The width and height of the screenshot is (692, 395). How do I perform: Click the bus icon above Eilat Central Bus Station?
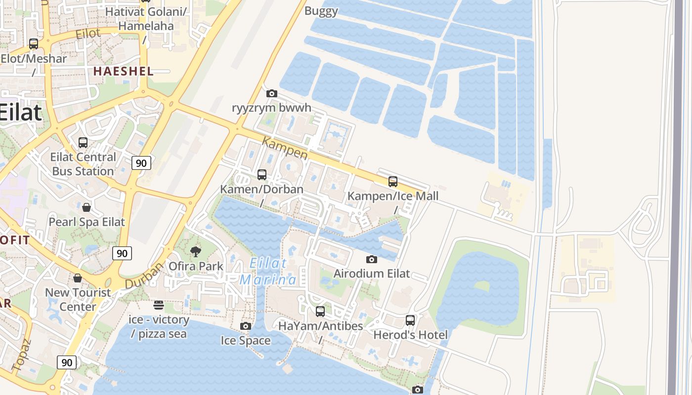[83, 143]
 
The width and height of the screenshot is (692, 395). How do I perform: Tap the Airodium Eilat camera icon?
[371, 259]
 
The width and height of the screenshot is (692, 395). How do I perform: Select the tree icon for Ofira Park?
[196, 252]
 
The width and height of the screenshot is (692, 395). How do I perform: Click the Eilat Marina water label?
[268, 272]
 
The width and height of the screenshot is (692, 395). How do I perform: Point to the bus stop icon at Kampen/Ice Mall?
[393, 182]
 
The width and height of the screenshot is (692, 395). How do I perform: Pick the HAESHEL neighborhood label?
[124, 71]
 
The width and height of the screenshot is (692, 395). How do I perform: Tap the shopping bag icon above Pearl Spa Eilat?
[86, 207]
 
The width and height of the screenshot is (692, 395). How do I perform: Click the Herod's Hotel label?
[410, 335]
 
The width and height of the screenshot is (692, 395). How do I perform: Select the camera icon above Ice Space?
[246, 326]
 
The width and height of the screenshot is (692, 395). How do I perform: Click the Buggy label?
[321, 11]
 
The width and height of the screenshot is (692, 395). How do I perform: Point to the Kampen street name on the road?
[285, 148]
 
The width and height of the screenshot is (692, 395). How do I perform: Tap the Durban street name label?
[144, 276]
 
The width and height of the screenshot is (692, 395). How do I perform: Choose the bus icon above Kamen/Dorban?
[262, 175]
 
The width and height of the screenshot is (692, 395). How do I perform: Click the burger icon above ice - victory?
[159, 305]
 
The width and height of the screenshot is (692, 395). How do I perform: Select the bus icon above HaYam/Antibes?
[320, 312]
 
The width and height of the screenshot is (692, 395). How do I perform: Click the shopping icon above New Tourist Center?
[78, 278]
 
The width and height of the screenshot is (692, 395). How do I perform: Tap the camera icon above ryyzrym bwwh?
[271, 93]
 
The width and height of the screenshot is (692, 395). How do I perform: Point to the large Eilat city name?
[20, 112]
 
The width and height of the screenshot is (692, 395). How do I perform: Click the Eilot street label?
[88, 34]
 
